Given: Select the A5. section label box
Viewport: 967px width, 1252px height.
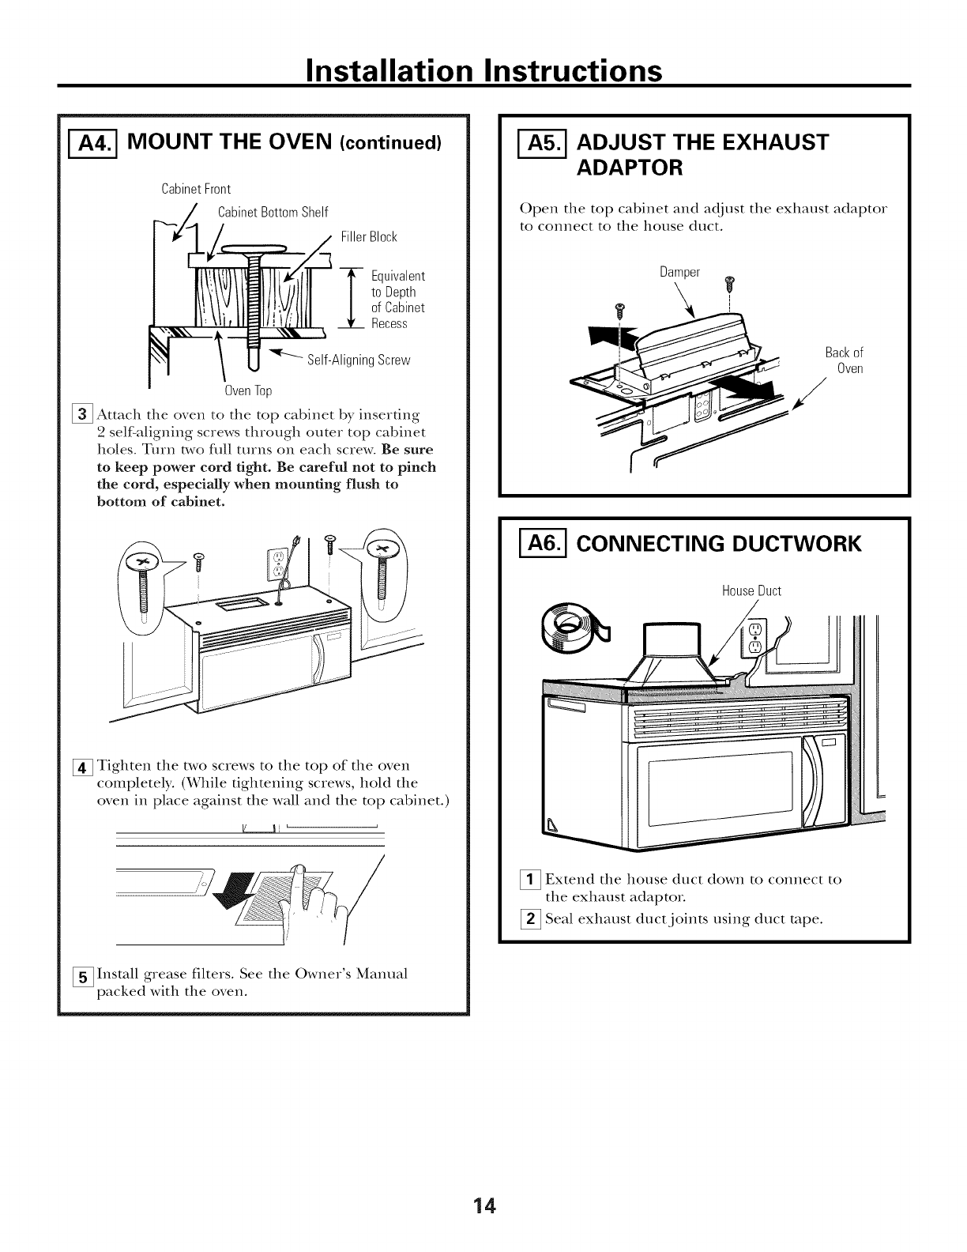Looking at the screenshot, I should (542, 142).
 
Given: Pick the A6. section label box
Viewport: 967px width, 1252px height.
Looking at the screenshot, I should (542, 545).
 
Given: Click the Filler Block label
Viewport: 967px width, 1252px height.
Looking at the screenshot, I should (368, 237).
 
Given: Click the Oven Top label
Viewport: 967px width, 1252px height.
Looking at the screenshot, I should (248, 391).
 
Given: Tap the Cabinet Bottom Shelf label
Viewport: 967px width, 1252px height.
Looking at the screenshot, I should (272, 212).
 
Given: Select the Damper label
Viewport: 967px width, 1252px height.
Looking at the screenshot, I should (679, 273).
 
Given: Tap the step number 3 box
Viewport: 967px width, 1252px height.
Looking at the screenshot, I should (83, 414).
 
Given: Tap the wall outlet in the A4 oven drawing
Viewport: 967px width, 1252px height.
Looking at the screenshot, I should (276, 564).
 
